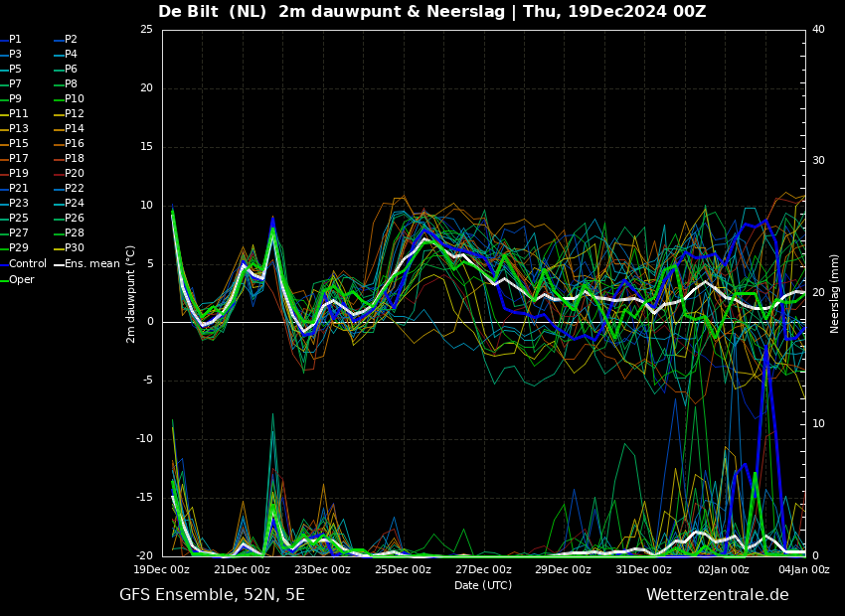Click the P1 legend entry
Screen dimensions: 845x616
coord(11,40)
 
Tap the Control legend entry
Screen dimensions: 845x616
coord(24,264)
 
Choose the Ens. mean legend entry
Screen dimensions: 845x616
coord(86,264)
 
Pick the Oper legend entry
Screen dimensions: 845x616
coord(17,279)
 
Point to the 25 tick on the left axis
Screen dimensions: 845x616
coord(146,29)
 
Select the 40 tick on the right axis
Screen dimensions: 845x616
coord(818,29)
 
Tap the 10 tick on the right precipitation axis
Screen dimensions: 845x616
coord(818,424)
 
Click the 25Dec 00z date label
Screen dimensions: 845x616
coord(403,569)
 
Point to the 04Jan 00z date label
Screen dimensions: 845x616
coord(804,569)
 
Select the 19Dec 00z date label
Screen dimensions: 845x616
coord(162,569)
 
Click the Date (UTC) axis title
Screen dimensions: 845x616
coord(483,585)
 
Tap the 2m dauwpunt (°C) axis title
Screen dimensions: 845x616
coord(130,294)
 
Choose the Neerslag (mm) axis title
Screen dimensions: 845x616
coord(835,294)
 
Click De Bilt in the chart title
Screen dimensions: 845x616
coord(188,11)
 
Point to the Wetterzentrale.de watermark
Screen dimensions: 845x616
coord(718,595)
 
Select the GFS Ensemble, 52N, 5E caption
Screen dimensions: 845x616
coord(212,595)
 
